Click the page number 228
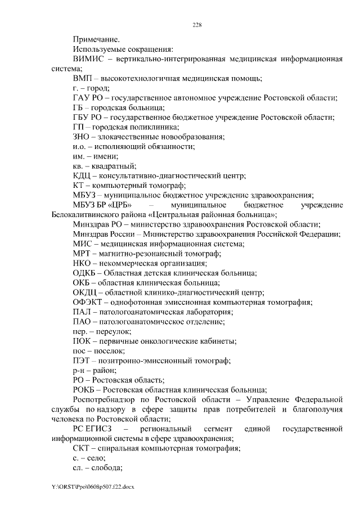tap(197, 25)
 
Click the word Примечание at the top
tap(96, 39)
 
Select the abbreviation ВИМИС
tap(88, 59)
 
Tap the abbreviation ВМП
tap(82, 78)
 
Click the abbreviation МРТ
tap(82, 254)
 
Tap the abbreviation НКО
tap(83, 264)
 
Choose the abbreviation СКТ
tap(83, 449)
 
